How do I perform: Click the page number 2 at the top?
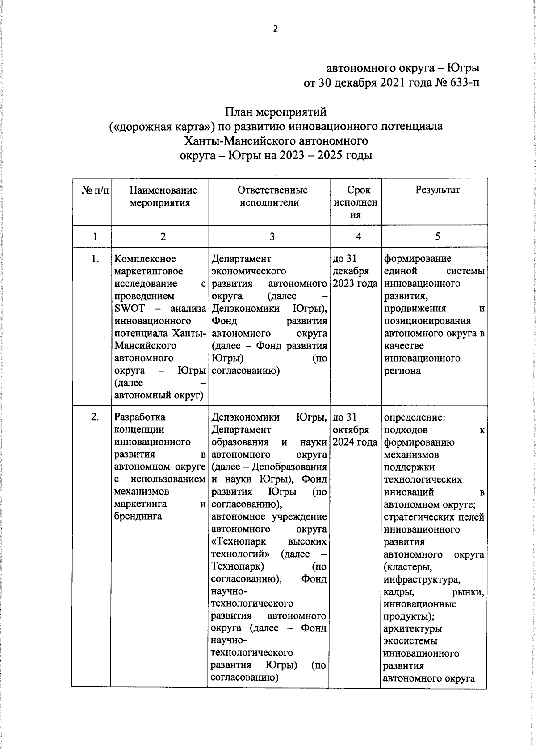click(275, 29)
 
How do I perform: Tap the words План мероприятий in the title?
click(276, 112)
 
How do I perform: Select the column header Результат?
click(437, 190)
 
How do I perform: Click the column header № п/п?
click(95, 190)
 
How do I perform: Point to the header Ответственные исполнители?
click(272, 196)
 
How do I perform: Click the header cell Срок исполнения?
click(358, 202)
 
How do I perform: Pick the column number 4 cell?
click(358, 237)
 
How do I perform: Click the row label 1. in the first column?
click(95, 259)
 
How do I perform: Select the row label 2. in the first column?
click(95, 417)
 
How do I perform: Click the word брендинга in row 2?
click(138, 516)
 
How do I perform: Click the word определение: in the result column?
click(414, 417)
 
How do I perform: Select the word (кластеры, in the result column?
click(408, 567)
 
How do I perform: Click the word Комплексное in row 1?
click(145, 259)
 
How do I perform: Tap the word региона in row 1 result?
click(402, 371)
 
